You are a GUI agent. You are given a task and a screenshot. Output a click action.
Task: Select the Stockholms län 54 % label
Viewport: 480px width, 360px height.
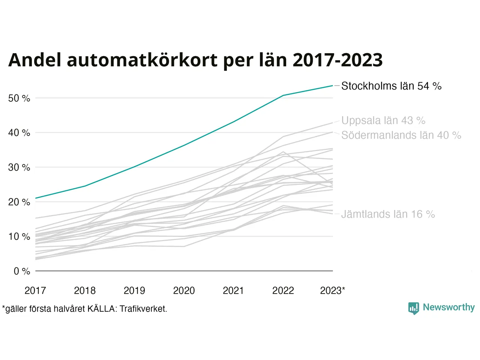[x=391, y=86]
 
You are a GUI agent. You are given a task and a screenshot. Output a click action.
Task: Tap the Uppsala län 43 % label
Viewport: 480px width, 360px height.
[x=383, y=121]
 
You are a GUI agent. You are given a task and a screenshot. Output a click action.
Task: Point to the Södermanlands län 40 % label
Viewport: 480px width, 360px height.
[x=401, y=135]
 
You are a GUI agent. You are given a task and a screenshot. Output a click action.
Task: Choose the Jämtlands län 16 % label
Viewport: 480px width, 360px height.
[x=388, y=214]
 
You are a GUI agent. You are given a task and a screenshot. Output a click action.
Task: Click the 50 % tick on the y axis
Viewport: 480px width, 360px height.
[x=19, y=99]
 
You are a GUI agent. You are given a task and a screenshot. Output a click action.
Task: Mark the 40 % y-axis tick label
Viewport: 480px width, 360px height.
[x=19, y=133]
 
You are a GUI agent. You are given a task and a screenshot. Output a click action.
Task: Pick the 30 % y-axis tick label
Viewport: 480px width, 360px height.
[x=19, y=168]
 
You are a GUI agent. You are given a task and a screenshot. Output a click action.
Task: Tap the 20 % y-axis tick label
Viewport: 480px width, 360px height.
[x=19, y=202]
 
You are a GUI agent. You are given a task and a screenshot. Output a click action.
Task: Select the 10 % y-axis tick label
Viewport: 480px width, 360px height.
[x=19, y=237]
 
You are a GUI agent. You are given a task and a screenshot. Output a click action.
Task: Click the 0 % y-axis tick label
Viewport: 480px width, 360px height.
[x=22, y=271]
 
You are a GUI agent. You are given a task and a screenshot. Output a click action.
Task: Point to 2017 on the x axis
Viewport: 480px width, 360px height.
[x=35, y=291]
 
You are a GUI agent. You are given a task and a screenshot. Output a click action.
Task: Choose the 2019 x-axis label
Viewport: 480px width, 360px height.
[x=134, y=291]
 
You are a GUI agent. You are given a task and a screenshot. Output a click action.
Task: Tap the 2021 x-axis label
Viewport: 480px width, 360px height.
[x=233, y=291]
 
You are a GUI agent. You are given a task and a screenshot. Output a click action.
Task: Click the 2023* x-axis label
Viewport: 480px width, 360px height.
[x=332, y=291]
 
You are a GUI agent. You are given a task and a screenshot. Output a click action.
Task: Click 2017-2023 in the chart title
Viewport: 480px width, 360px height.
[x=337, y=60]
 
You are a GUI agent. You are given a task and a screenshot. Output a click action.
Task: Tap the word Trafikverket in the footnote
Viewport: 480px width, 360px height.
[x=143, y=309]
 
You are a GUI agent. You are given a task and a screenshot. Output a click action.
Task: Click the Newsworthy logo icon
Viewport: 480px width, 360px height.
[x=413, y=308]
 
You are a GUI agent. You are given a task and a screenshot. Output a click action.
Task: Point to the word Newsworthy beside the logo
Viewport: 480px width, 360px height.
[x=448, y=307]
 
